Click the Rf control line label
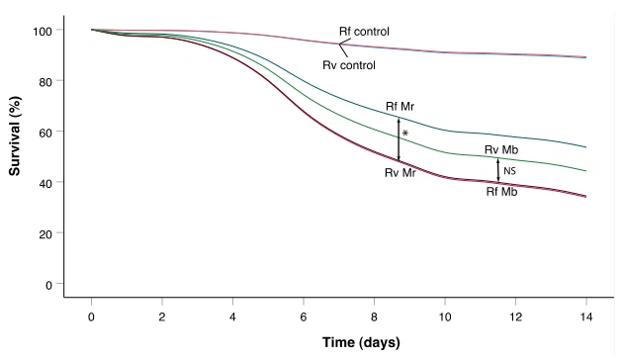point(364,32)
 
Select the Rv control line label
point(364,65)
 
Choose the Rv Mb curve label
point(503,149)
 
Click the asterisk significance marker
point(405,134)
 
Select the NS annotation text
point(510,171)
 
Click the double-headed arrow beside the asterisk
point(399,139)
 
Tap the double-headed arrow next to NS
point(498,169)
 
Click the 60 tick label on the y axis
point(43,132)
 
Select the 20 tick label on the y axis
point(43,233)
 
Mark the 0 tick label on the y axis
point(46,285)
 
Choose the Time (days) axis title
point(338,342)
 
